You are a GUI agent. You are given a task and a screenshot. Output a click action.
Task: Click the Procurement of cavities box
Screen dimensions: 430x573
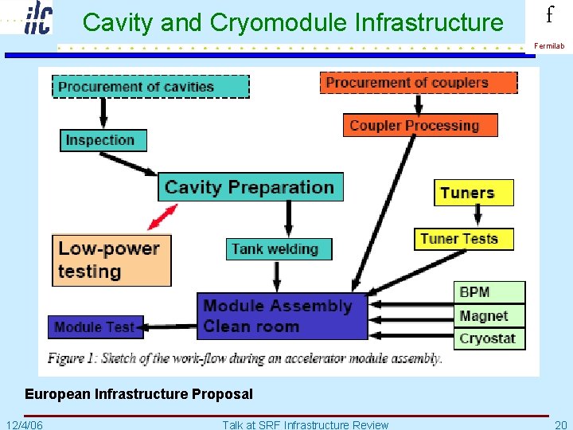(151, 86)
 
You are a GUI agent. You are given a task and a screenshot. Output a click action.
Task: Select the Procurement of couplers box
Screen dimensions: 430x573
(419, 83)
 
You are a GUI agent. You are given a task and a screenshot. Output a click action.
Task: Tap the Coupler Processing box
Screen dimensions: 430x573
(420, 125)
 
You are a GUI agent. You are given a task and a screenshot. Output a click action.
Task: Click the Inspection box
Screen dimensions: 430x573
(103, 140)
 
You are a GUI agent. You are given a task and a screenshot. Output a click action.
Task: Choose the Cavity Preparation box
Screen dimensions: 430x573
(251, 187)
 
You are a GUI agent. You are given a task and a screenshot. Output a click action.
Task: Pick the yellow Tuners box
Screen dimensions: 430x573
(474, 193)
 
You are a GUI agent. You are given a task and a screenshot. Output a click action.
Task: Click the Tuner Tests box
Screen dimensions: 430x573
(463, 239)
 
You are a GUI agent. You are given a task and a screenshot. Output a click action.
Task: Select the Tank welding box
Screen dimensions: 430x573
(279, 249)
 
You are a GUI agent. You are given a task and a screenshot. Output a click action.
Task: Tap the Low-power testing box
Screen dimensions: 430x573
(111, 260)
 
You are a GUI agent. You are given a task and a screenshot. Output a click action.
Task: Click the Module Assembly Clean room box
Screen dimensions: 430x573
(282, 316)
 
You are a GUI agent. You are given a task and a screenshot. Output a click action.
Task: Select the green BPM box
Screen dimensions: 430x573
(489, 292)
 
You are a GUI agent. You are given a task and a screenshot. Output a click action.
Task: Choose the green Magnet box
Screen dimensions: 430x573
(489, 316)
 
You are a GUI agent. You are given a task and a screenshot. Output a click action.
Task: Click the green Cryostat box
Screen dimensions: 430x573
(489, 338)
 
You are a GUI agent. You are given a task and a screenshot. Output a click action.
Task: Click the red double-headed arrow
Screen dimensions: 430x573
(162, 216)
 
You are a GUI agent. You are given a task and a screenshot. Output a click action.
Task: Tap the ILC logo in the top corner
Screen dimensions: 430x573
(37, 18)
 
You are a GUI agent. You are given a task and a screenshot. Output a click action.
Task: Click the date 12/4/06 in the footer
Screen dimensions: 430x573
(25, 424)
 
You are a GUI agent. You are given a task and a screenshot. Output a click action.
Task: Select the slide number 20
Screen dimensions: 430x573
(560, 424)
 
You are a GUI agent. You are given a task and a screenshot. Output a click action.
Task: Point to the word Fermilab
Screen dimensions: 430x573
(549, 46)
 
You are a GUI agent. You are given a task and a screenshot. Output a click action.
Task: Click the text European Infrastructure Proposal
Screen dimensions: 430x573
(138, 394)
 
